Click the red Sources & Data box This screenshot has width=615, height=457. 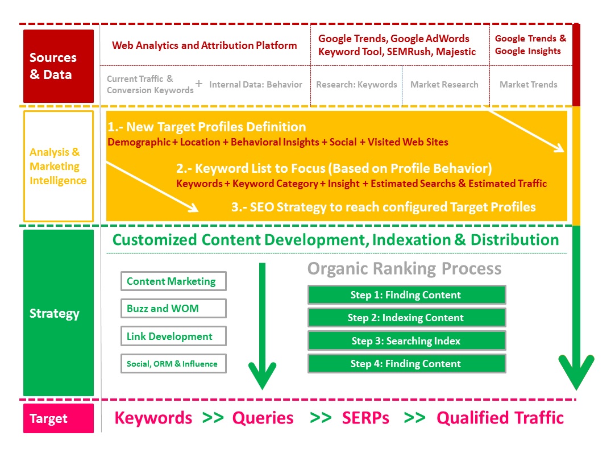pyautogui.click(x=58, y=66)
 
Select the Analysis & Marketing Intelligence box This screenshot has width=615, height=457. pyautogui.click(x=58, y=166)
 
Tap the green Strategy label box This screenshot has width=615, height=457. pyautogui.click(x=58, y=313)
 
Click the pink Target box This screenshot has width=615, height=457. pyautogui.click(x=58, y=418)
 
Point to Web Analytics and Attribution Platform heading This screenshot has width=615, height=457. pyautogui.click(x=204, y=45)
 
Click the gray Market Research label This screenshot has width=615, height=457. pyautogui.click(x=444, y=85)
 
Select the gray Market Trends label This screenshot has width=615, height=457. pyautogui.click(x=528, y=85)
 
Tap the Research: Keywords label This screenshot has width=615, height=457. pyautogui.click(x=356, y=85)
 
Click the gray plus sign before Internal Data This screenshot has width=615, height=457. pyautogui.click(x=199, y=84)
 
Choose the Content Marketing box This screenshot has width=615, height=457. pyautogui.click(x=173, y=281)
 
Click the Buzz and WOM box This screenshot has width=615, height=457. pyautogui.click(x=173, y=309)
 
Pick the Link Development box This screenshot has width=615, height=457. pyautogui.click(x=173, y=336)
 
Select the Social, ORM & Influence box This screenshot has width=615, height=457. pyautogui.click(x=173, y=364)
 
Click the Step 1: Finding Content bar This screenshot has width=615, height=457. pyautogui.click(x=406, y=295)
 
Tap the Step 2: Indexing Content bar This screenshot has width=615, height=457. pyautogui.click(x=406, y=318)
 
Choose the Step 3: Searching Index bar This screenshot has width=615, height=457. pyautogui.click(x=406, y=341)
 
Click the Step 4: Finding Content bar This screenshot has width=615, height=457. pyautogui.click(x=406, y=364)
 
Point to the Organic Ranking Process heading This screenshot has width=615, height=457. pyautogui.click(x=404, y=268)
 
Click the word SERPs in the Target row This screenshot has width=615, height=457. pyautogui.click(x=365, y=418)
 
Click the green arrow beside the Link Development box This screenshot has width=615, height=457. pyautogui.click(x=262, y=330)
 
